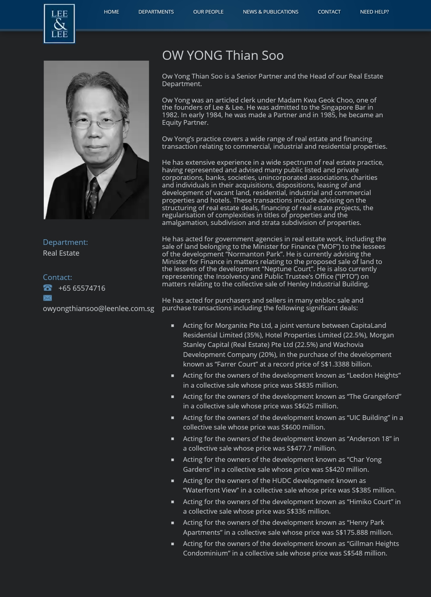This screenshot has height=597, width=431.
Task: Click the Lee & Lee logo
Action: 59,24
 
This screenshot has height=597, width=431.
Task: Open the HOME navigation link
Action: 111,12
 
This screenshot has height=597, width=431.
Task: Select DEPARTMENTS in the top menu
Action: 156,12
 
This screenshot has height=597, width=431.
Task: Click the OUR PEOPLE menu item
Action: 208,12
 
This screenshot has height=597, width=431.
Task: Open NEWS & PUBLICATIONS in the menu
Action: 271,12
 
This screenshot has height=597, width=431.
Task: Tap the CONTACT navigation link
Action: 329,12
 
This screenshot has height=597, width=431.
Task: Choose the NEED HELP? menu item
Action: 374,12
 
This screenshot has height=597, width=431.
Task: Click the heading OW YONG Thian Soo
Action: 223,55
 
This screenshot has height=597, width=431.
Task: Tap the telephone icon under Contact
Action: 47,288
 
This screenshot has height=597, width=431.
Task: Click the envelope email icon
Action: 47,298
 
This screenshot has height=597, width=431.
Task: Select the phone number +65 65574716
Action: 82,288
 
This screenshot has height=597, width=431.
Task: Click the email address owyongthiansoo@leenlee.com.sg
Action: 99,309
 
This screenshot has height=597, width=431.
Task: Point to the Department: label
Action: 65,242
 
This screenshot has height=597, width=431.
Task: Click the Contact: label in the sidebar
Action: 57,278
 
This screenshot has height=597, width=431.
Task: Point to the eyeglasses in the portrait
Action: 94,122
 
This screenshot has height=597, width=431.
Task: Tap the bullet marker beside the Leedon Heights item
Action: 173,376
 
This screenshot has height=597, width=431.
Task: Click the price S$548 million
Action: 365,554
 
